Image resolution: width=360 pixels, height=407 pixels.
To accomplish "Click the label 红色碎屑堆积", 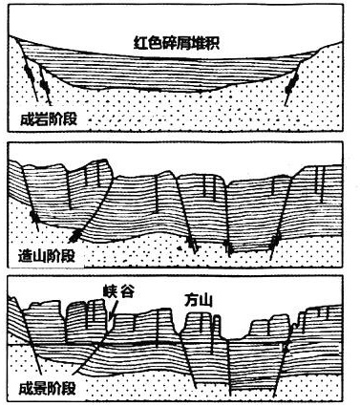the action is pyautogui.click(x=176, y=44).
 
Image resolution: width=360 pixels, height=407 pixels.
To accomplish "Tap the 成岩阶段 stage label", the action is pyautogui.click(x=49, y=119).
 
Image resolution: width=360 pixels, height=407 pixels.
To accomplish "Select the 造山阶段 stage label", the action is pyautogui.click(x=47, y=256).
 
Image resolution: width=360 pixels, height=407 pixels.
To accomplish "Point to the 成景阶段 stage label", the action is pyautogui.click(x=48, y=389).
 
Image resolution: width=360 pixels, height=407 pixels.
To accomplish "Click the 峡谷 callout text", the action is pyautogui.click(x=118, y=291).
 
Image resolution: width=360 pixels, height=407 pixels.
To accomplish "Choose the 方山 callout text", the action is pyautogui.click(x=198, y=301).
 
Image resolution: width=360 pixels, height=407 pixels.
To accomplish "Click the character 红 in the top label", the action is pyautogui.click(x=140, y=44).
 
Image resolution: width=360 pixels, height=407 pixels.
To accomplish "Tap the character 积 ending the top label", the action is pyautogui.click(x=212, y=44).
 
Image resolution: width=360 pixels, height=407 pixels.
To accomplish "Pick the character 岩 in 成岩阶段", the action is pyautogui.click(x=42, y=119).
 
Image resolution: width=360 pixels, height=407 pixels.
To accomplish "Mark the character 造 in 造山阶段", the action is pyautogui.click(x=26, y=256).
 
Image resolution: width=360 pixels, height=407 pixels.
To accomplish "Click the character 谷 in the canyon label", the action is pyautogui.click(x=127, y=291).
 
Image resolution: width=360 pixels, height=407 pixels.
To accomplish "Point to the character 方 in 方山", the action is pyautogui.click(x=191, y=301).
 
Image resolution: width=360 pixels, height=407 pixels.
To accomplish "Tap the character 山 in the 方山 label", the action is pyautogui.click(x=205, y=301).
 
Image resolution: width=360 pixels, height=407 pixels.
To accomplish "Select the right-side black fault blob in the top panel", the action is pyautogui.click(x=291, y=84).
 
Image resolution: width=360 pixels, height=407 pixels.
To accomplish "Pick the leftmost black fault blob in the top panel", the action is pyautogui.click(x=30, y=74).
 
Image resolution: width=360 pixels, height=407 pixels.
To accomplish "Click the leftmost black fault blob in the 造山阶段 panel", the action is pyautogui.click(x=34, y=217).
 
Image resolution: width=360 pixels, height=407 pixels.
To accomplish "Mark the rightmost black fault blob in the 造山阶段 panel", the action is pyautogui.click(x=274, y=242).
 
